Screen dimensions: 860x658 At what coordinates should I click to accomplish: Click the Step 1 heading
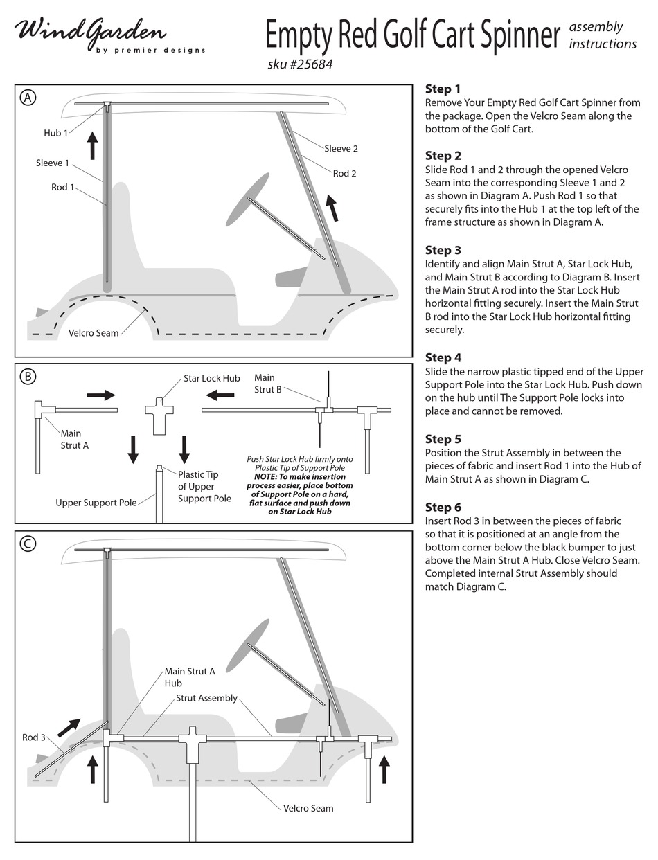(x=443, y=89)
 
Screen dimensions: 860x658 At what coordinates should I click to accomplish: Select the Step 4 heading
(x=443, y=357)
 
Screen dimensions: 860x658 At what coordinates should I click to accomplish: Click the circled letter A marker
(x=28, y=98)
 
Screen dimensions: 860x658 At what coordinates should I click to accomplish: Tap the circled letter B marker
(x=28, y=377)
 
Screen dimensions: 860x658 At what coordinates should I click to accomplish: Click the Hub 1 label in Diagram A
(x=55, y=133)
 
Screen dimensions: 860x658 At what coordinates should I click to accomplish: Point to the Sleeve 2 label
(x=341, y=148)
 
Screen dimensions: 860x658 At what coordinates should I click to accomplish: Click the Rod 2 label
(x=344, y=173)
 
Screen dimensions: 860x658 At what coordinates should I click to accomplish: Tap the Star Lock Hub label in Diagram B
(x=211, y=379)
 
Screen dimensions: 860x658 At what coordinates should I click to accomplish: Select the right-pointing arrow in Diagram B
(x=101, y=395)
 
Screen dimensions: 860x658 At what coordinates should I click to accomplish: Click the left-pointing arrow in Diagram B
(x=220, y=395)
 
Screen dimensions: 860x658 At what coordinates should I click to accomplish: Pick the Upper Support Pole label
(x=96, y=503)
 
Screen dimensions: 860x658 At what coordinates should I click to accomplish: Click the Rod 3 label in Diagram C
(x=33, y=737)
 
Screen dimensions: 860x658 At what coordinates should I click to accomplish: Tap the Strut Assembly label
(x=206, y=698)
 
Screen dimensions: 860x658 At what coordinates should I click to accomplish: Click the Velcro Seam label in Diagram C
(x=308, y=808)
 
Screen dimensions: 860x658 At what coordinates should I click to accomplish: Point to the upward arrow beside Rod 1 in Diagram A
(x=93, y=146)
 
